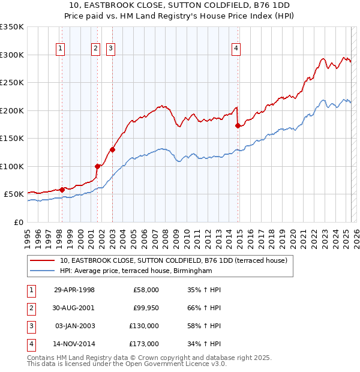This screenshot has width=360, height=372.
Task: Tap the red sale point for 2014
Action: pyautogui.click(x=238, y=126)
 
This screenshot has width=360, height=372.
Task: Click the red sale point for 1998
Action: pyautogui.click(x=62, y=190)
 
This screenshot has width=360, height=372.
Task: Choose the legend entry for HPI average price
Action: pyautogui.click(x=136, y=271)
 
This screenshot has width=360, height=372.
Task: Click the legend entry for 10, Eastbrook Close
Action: pyautogui.click(x=173, y=260)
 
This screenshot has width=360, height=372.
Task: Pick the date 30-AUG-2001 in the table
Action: pyautogui.click(x=74, y=308)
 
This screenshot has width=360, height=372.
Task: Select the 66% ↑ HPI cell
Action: pyautogui.click(x=204, y=308)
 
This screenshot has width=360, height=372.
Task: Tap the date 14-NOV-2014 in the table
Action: pyautogui.click(x=74, y=344)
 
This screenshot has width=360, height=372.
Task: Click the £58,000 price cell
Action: pyautogui.click(x=145, y=290)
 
